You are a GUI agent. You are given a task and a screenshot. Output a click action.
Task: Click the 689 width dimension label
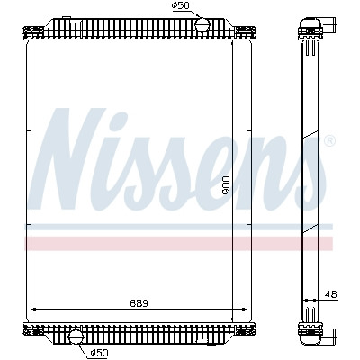pos(139,303)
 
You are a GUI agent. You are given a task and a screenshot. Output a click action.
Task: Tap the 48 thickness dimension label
pos(331,294)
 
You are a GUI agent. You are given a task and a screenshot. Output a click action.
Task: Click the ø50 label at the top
pos(181,5)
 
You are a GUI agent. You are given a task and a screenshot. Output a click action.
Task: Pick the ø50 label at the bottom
pos(99,353)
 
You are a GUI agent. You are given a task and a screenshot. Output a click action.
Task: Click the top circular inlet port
pos(202,24)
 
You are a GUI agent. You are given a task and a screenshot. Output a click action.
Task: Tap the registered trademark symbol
pos(330,140)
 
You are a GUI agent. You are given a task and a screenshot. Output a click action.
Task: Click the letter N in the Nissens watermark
pos(70,159)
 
